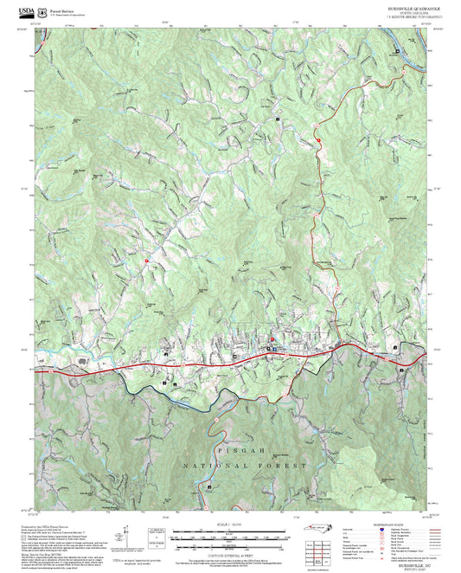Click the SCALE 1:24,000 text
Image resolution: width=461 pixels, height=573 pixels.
click(230, 525)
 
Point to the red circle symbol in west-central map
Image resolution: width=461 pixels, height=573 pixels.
click(147, 261)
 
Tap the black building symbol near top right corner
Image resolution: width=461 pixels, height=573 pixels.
click(397, 52)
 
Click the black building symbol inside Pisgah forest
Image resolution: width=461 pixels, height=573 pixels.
click(208, 488)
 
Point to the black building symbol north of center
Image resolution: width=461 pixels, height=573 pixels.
click(278, 118)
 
